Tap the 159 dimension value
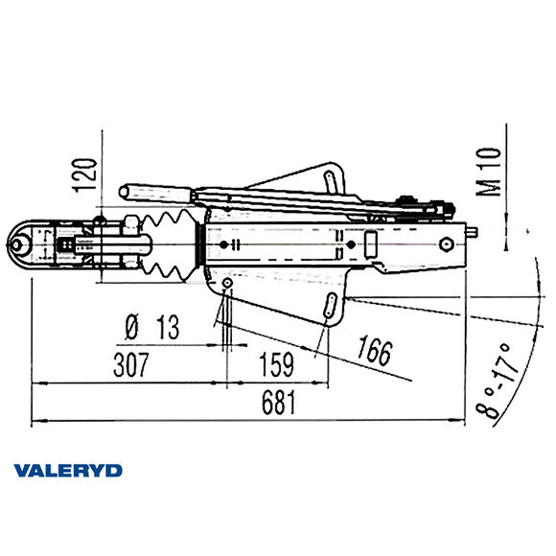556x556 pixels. click(277, 366)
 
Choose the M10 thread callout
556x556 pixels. click(489, 172)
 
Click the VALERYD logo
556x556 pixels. click(68, 471)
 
